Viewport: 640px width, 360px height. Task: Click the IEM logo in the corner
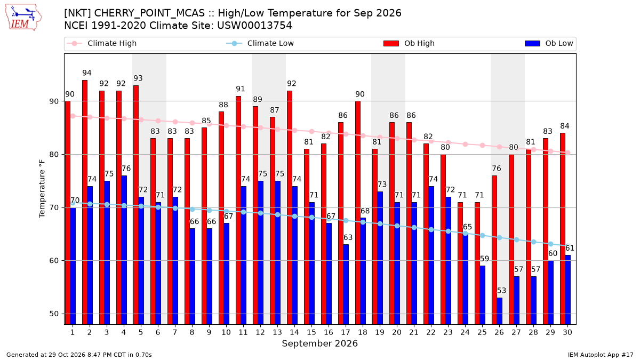point(23,18)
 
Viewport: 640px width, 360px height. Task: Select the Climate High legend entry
point(101,43)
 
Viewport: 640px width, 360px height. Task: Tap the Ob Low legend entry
point(549,43)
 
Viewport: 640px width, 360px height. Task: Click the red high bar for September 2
point(85,202)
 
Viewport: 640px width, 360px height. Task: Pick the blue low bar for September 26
point(499,311)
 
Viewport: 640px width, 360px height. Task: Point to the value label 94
point(87,73)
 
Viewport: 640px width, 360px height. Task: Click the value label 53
point(501,291)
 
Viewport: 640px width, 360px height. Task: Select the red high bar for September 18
point(358,213)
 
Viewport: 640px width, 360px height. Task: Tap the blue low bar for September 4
point(124,250)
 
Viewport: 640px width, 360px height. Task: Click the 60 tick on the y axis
point(54,261)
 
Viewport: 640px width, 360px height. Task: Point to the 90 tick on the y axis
point(54,101)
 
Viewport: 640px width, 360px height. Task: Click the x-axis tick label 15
point(311,333)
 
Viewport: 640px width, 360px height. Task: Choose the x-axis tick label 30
point(567,333)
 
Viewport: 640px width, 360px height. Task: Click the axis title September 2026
point(319,343)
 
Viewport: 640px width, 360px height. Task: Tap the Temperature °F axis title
point(42,189)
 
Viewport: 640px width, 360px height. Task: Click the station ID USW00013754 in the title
point(254,26)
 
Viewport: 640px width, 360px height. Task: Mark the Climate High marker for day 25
point(482,146)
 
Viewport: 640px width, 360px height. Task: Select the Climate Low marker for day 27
point(517,239)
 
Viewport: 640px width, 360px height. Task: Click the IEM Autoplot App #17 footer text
point(601,355)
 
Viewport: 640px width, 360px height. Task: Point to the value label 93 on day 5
point(138,78)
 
